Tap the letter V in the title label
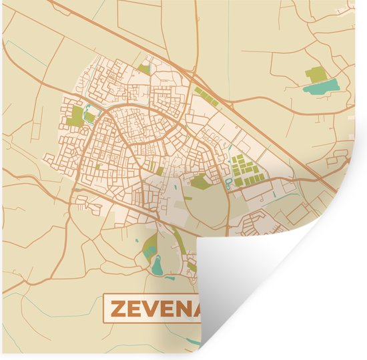coord(150,309)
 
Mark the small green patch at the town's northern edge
coord(144,68)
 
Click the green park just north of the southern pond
coord(150,244)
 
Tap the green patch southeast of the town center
coord(200,180)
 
